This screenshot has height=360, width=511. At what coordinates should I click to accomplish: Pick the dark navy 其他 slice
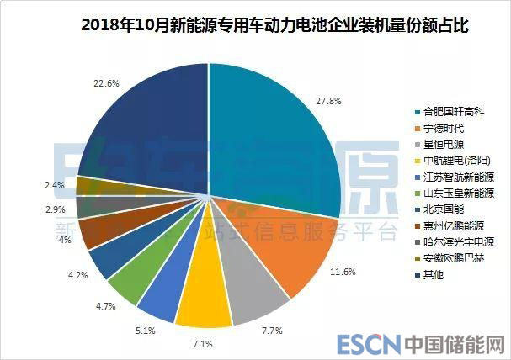143,126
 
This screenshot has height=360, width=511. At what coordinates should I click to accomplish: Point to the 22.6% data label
107,82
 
